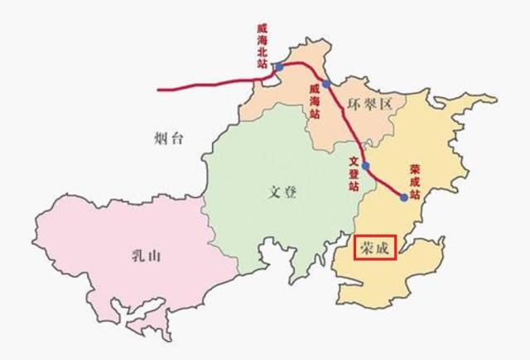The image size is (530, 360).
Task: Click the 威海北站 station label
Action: (263, 45)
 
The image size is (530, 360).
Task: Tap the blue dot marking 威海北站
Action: (279, 66)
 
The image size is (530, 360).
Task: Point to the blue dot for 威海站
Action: (326, 84)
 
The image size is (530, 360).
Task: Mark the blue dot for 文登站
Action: (365, 166)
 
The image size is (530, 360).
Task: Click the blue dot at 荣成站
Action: (403, 197)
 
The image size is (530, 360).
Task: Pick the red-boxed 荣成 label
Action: (374, 247)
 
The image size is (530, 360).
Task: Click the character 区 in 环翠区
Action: (388, 103)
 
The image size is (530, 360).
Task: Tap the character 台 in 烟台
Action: (176, 137)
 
